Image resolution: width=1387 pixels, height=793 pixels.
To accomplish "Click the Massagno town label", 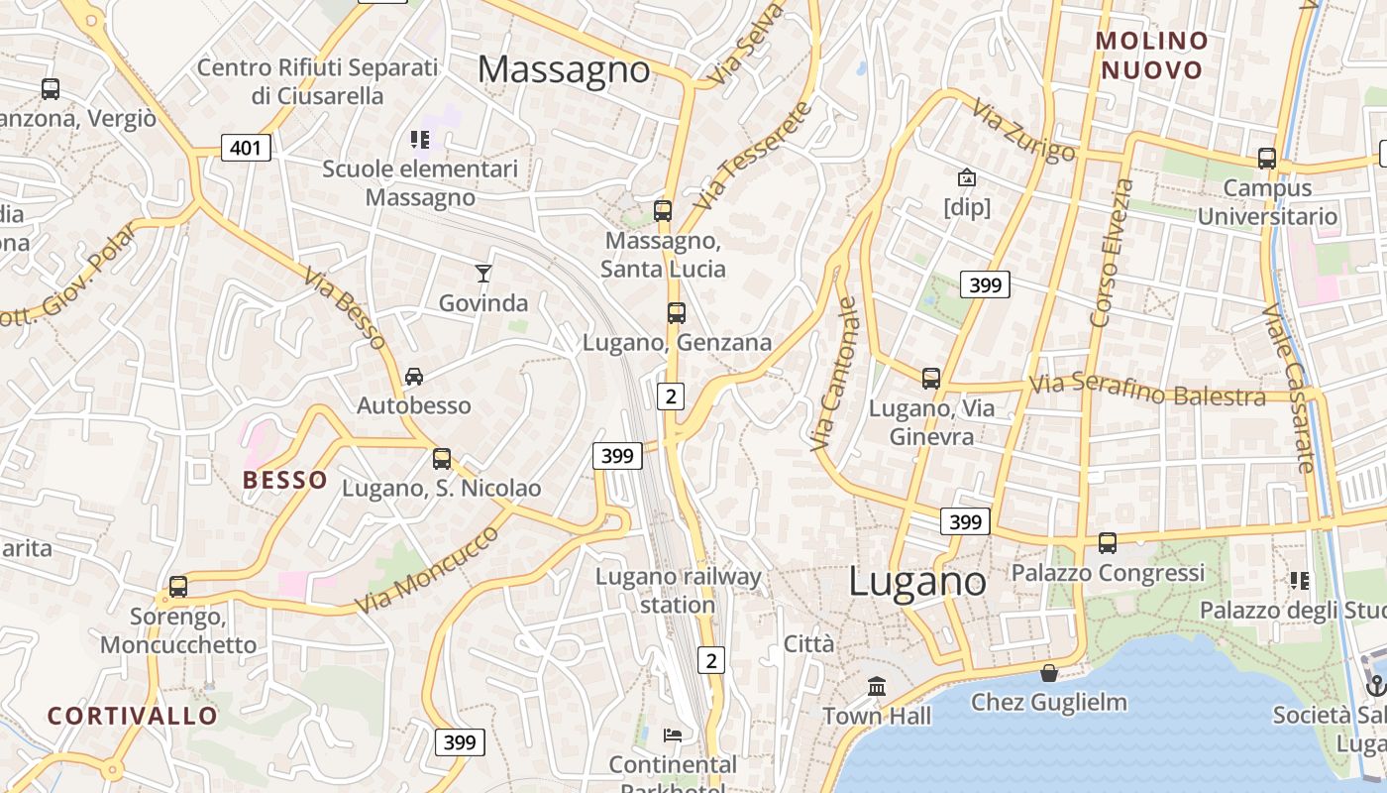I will pyautogui.click(x=564, y=69).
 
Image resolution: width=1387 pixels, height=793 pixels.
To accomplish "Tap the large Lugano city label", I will pyautogui.click(x=917, y=582).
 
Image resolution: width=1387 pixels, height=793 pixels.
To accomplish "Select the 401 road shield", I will pyautogui.click(x=245, y=149).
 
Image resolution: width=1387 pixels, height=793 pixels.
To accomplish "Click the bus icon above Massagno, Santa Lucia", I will pyautogui.click(x=663, y=210).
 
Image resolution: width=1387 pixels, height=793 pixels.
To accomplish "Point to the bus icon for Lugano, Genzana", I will pyautogui.click(x=677, y=313).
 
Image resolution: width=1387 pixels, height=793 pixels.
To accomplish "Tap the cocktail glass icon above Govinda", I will pyautogui.click(x=483, y=273).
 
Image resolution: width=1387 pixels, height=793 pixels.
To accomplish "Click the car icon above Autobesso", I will pyautogui.click(x=414, y=376).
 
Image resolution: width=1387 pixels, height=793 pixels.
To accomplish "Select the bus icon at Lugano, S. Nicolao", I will pyautogui.click(x=442, y=459).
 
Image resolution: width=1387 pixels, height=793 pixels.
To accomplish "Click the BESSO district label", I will pyautogui.click(x=285, y=481).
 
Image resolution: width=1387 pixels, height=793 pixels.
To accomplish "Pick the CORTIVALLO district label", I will pyautogui.click(x=133, y=716).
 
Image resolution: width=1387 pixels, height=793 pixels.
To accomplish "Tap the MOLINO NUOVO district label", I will pyautogui.click(x=1152, y=56).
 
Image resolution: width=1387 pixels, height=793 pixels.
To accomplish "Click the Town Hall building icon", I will pyautogui.click(x=877, y=686).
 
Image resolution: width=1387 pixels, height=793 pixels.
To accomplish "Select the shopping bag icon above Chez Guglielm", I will pyautogui.click(x=1049, y=673).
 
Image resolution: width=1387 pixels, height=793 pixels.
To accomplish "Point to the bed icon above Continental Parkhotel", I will pyautogui.click(x=673, y=735).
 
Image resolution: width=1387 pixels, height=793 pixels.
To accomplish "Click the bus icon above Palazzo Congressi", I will pyautogui.click(x=1108, y=542).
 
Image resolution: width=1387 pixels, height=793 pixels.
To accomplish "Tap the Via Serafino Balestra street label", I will pyautogui.click(x=1147, y=391).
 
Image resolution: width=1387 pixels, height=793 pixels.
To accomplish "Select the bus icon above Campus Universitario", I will pyautogui.click(x=1267, y=158).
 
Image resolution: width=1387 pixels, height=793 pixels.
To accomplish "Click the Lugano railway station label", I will pyautogui.click(x=679, y=591).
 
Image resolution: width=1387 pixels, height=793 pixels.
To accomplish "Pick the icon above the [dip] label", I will pyautogui.click(x=966, y=178).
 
